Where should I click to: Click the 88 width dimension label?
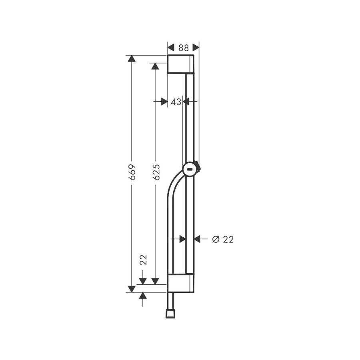(183, 48)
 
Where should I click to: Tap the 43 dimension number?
(176, 102)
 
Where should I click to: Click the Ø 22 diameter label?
(222, 239)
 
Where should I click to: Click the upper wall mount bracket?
(180, 64)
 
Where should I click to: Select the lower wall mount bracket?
(180, 283)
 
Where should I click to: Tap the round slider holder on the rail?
(190, 170)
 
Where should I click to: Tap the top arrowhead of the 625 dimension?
(155, 66)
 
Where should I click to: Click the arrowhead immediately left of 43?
(164, 102)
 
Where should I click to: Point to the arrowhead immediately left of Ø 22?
(198, 239)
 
